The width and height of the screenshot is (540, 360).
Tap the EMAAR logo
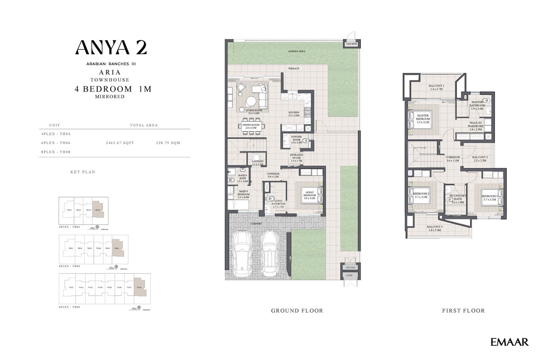pos(509,342)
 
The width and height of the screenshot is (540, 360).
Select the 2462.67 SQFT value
pos(120,143)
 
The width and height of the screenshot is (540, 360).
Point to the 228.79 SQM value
pos(168,143)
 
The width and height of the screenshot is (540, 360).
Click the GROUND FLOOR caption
pos(297,310)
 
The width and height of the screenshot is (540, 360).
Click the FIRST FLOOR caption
pos(463,310)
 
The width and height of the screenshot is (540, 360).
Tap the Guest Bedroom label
pos(309,194)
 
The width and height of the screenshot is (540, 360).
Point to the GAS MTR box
pos(351,44)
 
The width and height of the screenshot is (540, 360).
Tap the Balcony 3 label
pos(435,228)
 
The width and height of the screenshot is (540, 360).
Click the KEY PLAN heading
pos(83,172)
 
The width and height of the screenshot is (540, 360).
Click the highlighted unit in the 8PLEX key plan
pos(140,287)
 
